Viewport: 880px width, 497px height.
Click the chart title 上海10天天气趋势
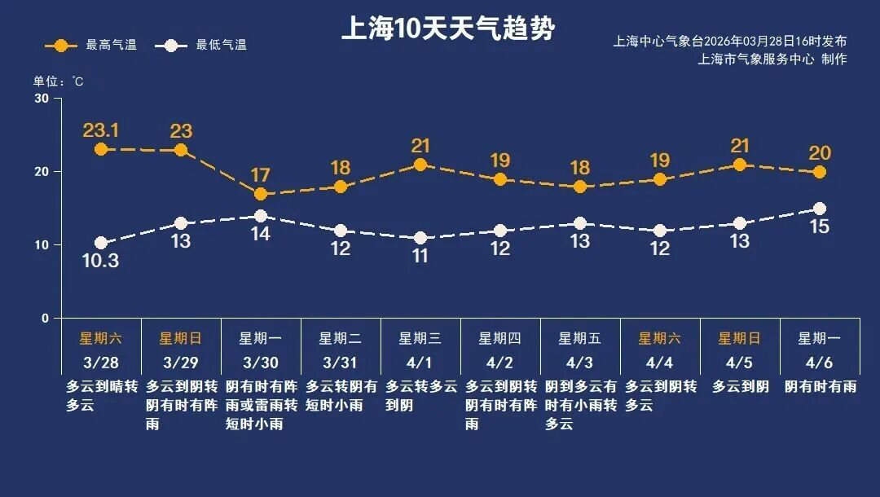447,29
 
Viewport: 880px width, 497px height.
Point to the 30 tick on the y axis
42,99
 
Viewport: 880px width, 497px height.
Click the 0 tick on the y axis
45,318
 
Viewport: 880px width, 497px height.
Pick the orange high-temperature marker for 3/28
101,149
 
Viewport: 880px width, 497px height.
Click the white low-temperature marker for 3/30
261,216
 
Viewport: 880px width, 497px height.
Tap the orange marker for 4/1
420,165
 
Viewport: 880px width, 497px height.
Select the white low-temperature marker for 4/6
819,209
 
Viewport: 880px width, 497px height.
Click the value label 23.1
101,130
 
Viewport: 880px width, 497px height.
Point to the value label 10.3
101,261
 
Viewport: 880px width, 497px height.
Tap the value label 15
819,227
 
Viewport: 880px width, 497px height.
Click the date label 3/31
340,362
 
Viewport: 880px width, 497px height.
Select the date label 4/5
739,362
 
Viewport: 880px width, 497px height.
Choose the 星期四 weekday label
499,338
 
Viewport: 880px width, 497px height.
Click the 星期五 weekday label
579,338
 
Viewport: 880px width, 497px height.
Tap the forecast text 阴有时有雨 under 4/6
821,386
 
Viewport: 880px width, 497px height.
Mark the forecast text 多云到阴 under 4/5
740,386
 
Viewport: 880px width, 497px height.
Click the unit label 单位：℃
58,81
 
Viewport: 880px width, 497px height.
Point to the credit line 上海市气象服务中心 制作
772,59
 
